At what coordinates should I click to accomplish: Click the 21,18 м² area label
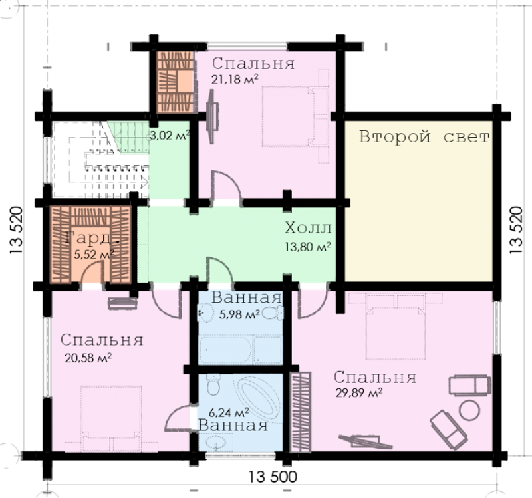click(x=235, y=79)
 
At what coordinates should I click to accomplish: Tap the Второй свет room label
click(x=424, y=137)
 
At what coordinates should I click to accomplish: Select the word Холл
click(x=308, y=228)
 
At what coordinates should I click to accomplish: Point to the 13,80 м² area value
click(x=308, y=247)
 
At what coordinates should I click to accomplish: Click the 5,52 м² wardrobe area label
click(x=94, y=254)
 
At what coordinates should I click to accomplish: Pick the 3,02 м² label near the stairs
click(x=170, y=136)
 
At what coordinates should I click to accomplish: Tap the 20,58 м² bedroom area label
click(x=88, y=358)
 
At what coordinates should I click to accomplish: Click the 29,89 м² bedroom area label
click(x=359, y=393)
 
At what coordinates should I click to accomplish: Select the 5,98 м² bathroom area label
click(x=239, y=314)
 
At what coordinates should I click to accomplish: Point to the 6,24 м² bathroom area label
click(x=229, y=412)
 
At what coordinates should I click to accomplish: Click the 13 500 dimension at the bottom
click(x=273, y=477)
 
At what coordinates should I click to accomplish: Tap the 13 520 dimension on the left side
click(x=16, y=230)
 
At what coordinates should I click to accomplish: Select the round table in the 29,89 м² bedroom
click(x=469, y=410)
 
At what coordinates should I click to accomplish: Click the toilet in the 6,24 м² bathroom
click(x=213, y=385)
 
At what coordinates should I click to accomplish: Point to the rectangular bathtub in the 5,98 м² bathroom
click(x=225, y=350)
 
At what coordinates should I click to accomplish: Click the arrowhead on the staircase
click(x=145, y=184)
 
